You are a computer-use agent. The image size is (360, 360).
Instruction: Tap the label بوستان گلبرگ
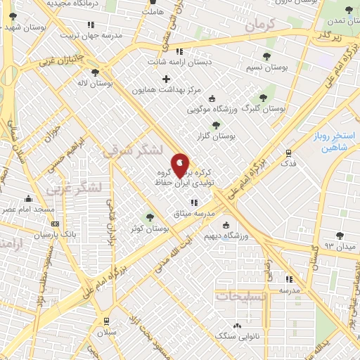click(x=264, y=109)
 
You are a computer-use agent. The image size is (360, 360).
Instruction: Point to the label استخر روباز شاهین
click(x=335, y=141)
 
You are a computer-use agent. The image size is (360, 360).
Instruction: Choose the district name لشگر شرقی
click(x=131, y=150)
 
